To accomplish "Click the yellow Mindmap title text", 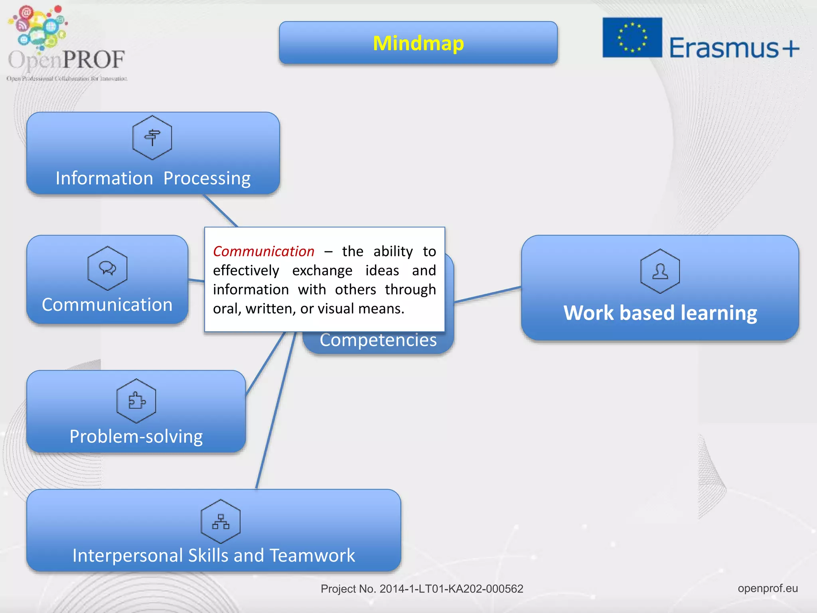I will tap(418, 43).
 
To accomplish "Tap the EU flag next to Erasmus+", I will tap(632, 38).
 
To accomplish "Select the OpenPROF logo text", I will tap(66, 60).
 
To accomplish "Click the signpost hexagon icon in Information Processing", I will tap(152, 138).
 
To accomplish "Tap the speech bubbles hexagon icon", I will tap(107, 268).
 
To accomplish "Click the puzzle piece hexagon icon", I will tap(136, 401).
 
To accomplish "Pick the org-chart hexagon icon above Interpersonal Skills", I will tap(221, 522).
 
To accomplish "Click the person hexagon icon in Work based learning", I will tap(660, 271).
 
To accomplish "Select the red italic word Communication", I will tap(263, 251).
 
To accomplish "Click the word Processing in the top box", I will tap(207, 178).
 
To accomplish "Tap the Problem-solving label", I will tap(136, 436).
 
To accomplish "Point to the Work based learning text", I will tap(660, 312).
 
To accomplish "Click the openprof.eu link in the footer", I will tap(768, 588).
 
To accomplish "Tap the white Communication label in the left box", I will tap(107, 305).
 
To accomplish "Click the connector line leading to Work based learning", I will tap(487, 295).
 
